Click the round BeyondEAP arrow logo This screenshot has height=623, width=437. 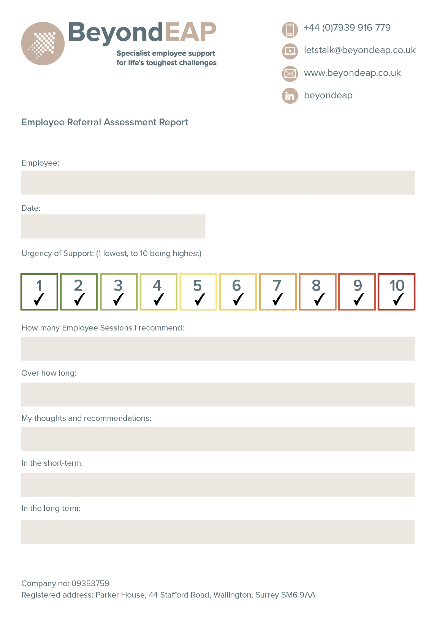(43, 43)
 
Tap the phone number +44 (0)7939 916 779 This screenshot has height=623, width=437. (347, 28)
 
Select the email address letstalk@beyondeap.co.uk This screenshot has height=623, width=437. (359, 50)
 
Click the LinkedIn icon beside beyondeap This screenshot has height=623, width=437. (290, 96)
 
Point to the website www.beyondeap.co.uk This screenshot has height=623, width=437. (352, 73)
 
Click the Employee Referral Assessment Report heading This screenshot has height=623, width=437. (104, 122)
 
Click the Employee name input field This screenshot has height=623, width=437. (218, 183)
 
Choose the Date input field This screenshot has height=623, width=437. (113, 226)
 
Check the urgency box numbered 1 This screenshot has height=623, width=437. (40, 292)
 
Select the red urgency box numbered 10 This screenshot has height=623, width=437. (396, 292)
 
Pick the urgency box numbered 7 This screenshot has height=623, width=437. (278, 292)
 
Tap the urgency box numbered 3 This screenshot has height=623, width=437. (119, 292)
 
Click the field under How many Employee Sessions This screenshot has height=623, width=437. (218, 349)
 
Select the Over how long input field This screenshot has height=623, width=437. (218, 394)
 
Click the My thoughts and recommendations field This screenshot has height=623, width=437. (218, 439)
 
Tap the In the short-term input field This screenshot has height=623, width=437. (218, 485)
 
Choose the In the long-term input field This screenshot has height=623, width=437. (218, 532)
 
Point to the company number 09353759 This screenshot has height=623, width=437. (90, 583)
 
